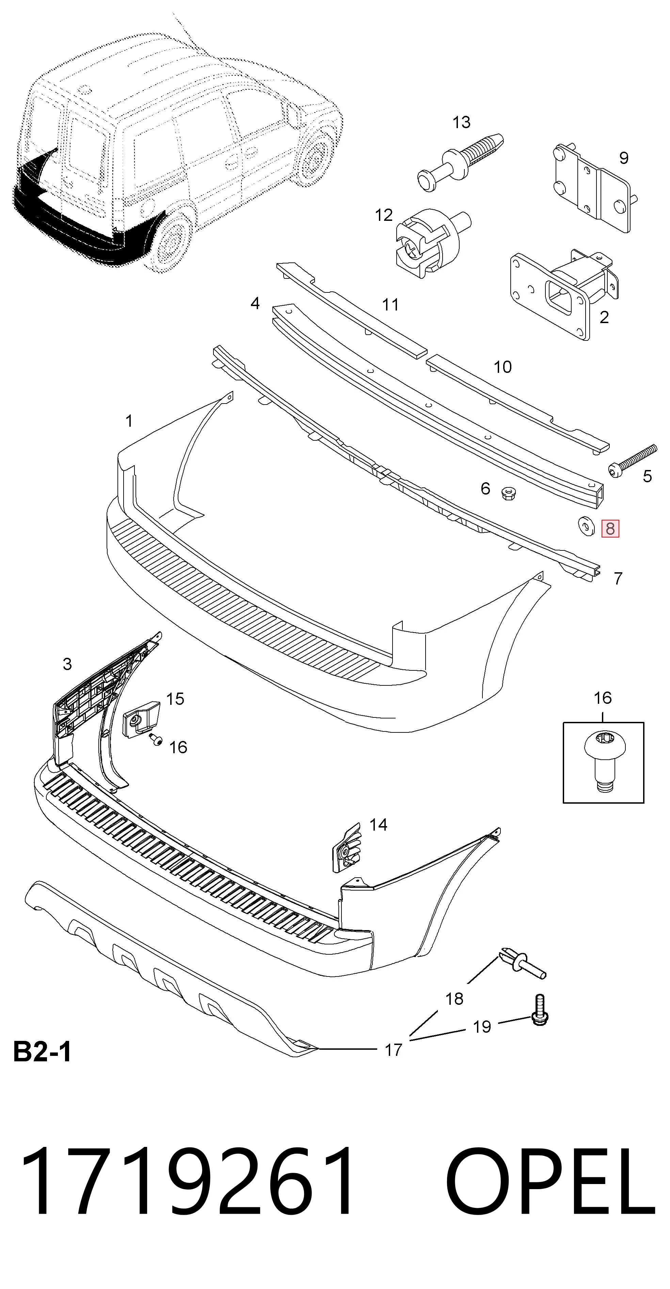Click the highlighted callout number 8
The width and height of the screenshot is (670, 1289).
tap(610, 528)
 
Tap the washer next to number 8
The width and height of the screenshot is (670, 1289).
tap(584, 526)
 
